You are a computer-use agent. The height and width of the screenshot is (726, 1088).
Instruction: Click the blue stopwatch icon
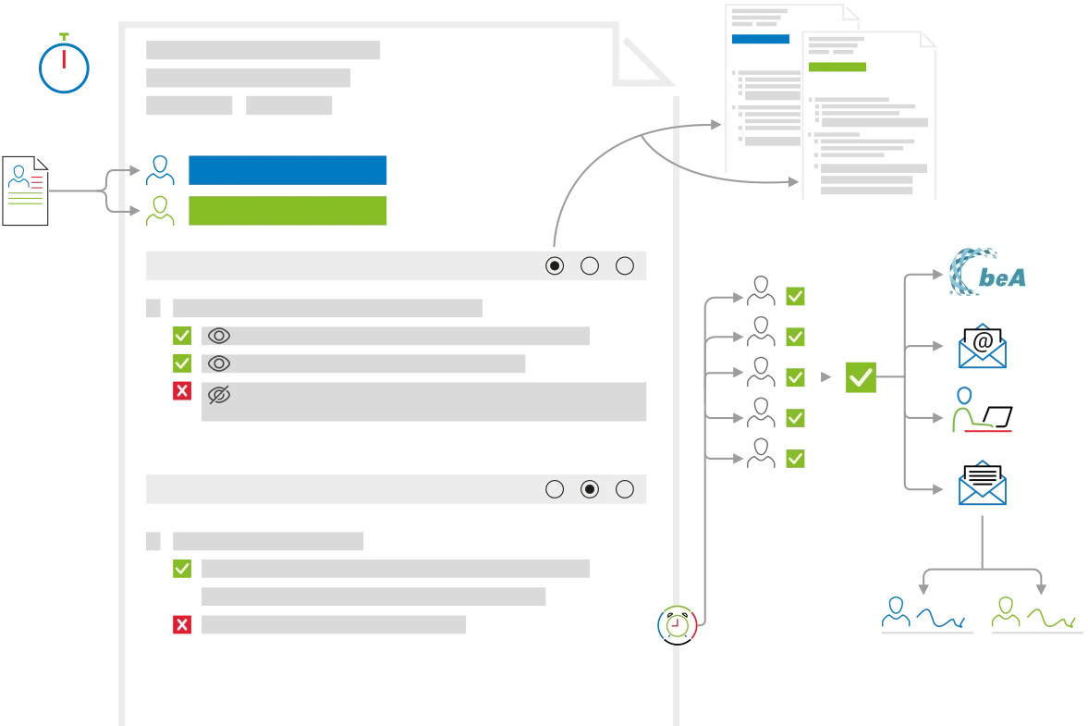(x=64, y=65)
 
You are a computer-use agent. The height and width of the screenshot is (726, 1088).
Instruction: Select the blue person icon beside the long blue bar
(x=161, y=170)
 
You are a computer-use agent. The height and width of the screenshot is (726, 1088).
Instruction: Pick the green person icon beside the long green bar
(x=161, y=210)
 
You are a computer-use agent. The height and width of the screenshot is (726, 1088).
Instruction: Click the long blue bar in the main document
(x=288, y=170)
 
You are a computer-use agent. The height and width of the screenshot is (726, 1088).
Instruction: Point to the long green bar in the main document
(x=288, y=211)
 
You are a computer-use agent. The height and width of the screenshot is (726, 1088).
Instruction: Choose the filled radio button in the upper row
(x=555, y=266)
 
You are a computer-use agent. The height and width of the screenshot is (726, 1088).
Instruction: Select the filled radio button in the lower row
(x=590, y=489)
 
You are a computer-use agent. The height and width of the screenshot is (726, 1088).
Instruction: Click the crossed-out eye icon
(x=219, y=395)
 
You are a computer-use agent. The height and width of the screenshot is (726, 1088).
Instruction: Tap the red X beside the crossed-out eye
(x=181, y=392)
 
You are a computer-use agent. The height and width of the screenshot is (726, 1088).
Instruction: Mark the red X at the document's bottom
(x=181, y=625)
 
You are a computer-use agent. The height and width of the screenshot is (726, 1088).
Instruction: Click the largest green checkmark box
(x=861, y=377)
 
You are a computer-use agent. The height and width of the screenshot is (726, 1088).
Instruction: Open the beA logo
(x=987, y=270)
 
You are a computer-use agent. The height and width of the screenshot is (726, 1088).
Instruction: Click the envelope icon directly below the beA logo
(x=984, y=346)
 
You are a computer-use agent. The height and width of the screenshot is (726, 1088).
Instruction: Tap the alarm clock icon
(x=677, y=624)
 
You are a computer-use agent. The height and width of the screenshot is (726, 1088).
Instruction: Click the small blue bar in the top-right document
(x=760, y=39)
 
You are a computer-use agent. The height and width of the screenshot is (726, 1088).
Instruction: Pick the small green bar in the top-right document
(x=838, y=67)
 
